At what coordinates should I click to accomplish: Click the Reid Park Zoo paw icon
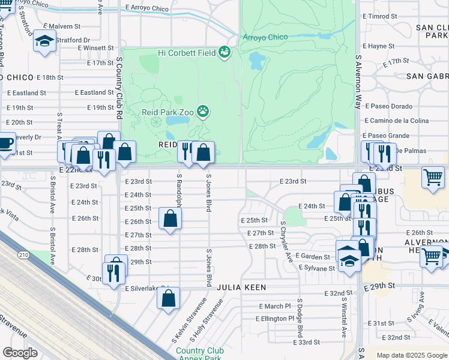click(204, 111)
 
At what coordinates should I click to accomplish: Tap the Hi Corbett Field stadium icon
click(225, 53)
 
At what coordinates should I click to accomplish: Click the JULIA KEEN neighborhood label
click(242, 288)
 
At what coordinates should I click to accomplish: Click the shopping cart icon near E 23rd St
click(433, 178)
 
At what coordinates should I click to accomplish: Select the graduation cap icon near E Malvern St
click(44, 41)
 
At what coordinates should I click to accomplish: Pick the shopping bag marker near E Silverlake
click(169, 298)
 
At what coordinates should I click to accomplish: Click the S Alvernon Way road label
click(358, 82)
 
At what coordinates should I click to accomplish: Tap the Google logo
click(20, 353)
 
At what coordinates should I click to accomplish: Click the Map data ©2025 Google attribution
click(411, 355)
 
